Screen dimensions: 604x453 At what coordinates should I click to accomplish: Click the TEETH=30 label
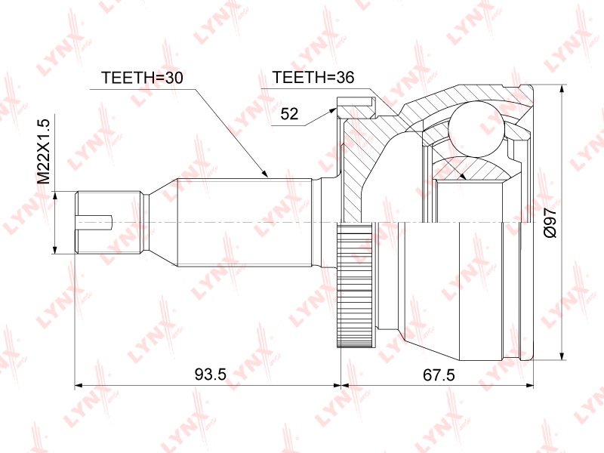click(x=142, y=78)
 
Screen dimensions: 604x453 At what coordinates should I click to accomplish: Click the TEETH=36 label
click(x=313, y=78)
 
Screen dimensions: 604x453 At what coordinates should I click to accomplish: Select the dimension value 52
click(x=289, y=114)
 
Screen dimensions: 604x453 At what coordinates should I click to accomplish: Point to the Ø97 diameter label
click(x=550, y=223)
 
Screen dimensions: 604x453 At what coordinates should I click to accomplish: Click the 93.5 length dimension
click(x=211, y=374)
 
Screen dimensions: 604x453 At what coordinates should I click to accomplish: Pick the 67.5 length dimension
click(x=439, y=374)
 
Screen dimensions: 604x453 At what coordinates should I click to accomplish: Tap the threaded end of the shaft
click(x=108, y=222)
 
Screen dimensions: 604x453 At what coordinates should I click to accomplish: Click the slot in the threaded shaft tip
click(x=94, y=222)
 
